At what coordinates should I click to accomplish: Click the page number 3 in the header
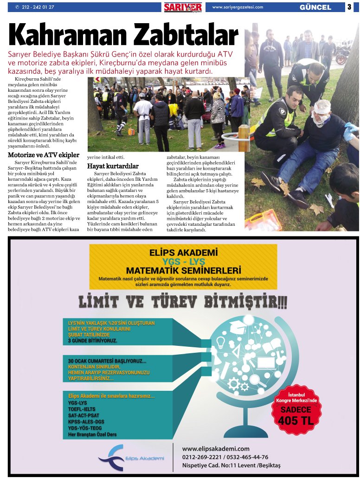[x=349, y=7]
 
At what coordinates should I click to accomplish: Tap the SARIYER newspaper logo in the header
[x=183, y=7]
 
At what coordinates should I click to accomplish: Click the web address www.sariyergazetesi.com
[x=238, y=7]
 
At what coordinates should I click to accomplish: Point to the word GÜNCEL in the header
[x=315, y=7]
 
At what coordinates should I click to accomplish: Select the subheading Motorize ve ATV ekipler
[x=44, y=155]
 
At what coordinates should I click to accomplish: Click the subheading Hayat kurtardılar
[x=113, y=166]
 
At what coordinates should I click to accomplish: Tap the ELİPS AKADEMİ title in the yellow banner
[x=183, y=253]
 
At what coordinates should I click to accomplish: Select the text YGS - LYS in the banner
[x=183, y=261]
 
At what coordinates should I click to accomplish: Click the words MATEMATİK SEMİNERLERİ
[x=183, y=270]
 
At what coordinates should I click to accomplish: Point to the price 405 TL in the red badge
[x=296, y=421]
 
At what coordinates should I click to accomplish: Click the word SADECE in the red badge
[x=296, y=410]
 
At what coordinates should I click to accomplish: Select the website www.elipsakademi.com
[x=216, y=449]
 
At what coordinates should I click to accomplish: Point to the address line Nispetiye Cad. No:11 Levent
[x=231, y=465]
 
